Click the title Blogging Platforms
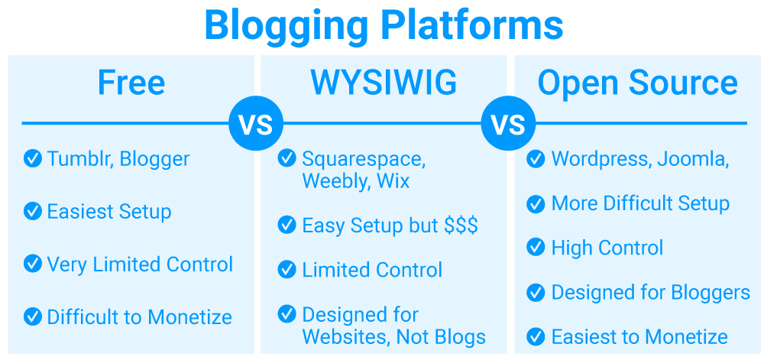384,25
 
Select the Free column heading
131,83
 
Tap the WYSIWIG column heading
384,83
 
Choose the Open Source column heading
637,83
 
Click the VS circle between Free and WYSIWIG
256,124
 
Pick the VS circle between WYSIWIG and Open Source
508,124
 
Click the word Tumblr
81,159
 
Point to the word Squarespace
364,160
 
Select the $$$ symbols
461,225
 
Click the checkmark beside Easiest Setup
33,212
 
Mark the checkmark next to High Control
536,248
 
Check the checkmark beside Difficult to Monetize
33,317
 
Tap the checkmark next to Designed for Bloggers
536,292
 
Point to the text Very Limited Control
140,264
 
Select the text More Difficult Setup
640,203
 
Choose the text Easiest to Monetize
639,337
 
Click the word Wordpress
601,160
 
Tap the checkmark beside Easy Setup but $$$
286,225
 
